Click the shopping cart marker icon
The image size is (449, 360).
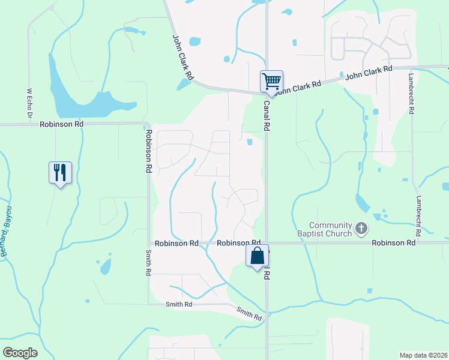(271, 81)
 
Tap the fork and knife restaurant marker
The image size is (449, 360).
(60, 172)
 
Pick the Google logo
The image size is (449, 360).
(20, 353)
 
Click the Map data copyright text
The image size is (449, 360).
(424, 355)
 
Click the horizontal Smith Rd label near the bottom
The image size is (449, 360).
(179, 305)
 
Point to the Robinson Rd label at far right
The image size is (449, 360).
(393, 243)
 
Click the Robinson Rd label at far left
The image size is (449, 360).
(61, 124)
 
